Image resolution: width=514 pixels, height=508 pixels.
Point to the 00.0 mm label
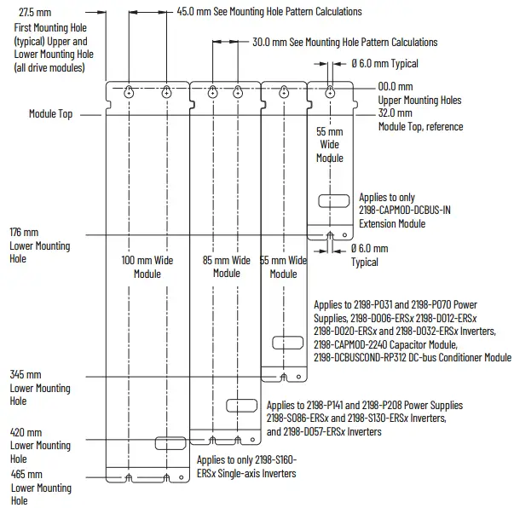[395, 86]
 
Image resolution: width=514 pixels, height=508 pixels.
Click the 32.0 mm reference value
[395, 113]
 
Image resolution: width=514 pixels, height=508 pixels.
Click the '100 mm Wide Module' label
[147, 267]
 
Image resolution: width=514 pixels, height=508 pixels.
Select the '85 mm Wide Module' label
[227, 267]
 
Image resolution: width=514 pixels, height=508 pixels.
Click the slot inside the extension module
[330, 201]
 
